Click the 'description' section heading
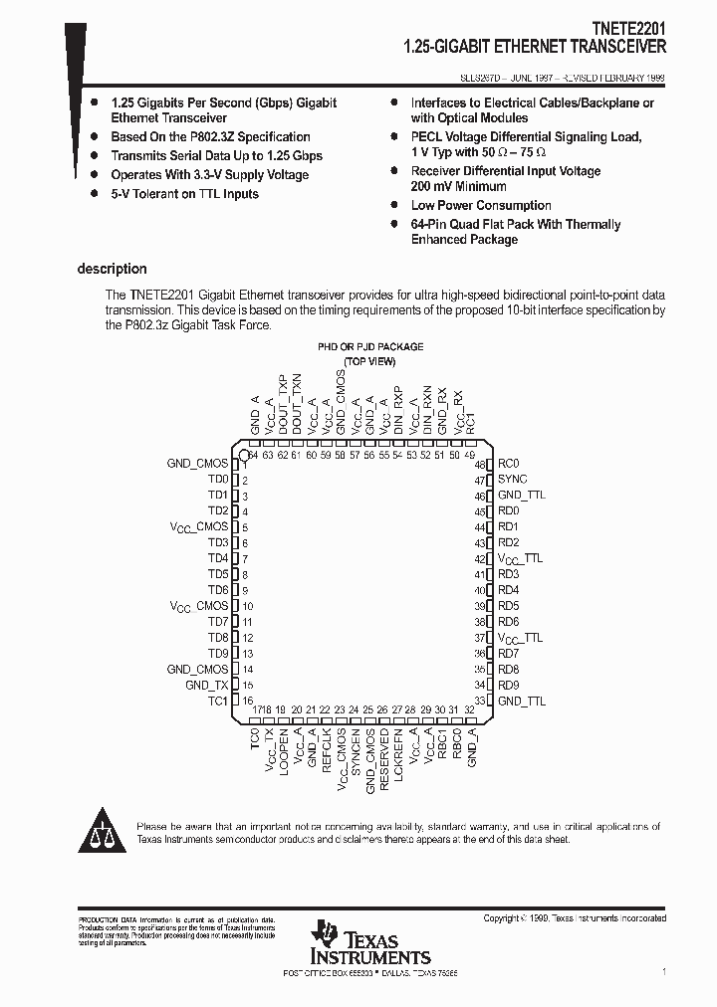[x=112, y=269]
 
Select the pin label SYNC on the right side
[x=513, y=480]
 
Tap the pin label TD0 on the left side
[x=218, y=480]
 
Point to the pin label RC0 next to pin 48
[x=508, y=464]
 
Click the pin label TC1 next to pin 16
[x=218, y=702]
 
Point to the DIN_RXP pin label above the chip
[x=398, y=407]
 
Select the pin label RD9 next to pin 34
[x=508, y=686]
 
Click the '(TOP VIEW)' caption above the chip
[x=369, y=361]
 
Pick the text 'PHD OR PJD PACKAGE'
[x=369, y=347]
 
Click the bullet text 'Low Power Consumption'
[x=481, y=206]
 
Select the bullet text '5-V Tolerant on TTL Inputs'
[x=184, y=194]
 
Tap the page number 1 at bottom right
[x=663, y=970]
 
